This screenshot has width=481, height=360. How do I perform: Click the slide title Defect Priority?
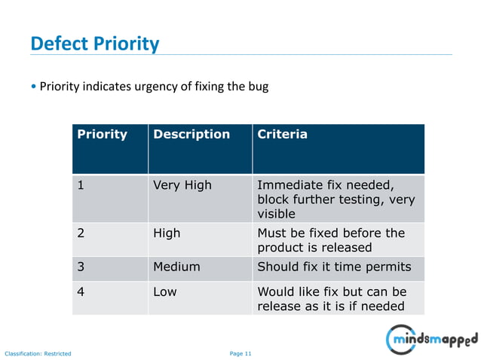click(x=95, y=44)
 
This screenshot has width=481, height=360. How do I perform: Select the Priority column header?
click(x=102, y=135)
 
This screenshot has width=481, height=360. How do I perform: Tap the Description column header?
click(x=191, y=135)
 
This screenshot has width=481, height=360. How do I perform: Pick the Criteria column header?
click(x=282, y=135)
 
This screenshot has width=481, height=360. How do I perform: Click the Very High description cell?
click(x=182, y=185)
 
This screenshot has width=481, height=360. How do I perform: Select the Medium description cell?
click(x=176, y=267)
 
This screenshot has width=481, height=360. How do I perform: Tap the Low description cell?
click(x=165, y=291)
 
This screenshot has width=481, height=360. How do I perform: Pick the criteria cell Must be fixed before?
click(x=331, y=240)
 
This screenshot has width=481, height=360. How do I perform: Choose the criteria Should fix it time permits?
click(x=334, y=267)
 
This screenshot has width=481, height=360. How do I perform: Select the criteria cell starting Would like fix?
click(x=332, y=298)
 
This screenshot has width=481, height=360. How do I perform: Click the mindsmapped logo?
click(x=432, y=339)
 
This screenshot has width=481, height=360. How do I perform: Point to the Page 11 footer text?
click(x=240, y=353)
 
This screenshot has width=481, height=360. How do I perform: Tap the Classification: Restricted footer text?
click(x=38, y=353)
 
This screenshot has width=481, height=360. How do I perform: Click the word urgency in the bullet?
click(x=155, y=87)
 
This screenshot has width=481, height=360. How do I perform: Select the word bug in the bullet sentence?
click(x=258, y=87)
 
